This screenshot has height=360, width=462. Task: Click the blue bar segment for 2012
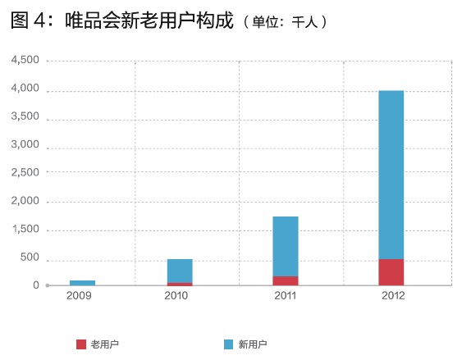tap(391, 174)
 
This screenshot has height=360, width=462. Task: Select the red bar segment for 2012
tap(391, 272)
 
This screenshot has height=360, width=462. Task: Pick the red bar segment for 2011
tap(285, 280)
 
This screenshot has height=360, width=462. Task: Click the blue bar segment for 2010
tap(180, 271)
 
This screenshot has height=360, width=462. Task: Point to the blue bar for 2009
tap(82, 283)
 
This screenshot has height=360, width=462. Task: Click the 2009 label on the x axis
tap(80, 295)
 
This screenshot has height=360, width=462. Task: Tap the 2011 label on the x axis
tap(285, 295)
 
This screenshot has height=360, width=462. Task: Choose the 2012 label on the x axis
tap(391, 295)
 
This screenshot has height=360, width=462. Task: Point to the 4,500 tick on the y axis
tap(25, 61)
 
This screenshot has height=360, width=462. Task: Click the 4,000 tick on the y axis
tap(25, 89)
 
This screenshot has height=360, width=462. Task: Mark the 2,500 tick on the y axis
tap(25, 173)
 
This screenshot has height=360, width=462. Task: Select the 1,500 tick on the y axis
tap(25, 230)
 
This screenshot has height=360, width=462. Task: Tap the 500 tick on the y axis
tap(30, 257)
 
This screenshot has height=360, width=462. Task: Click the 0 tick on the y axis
tap(36, 285)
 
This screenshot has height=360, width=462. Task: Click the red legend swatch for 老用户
tap(81, 344)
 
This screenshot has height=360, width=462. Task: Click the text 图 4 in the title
tap(29, 21)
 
